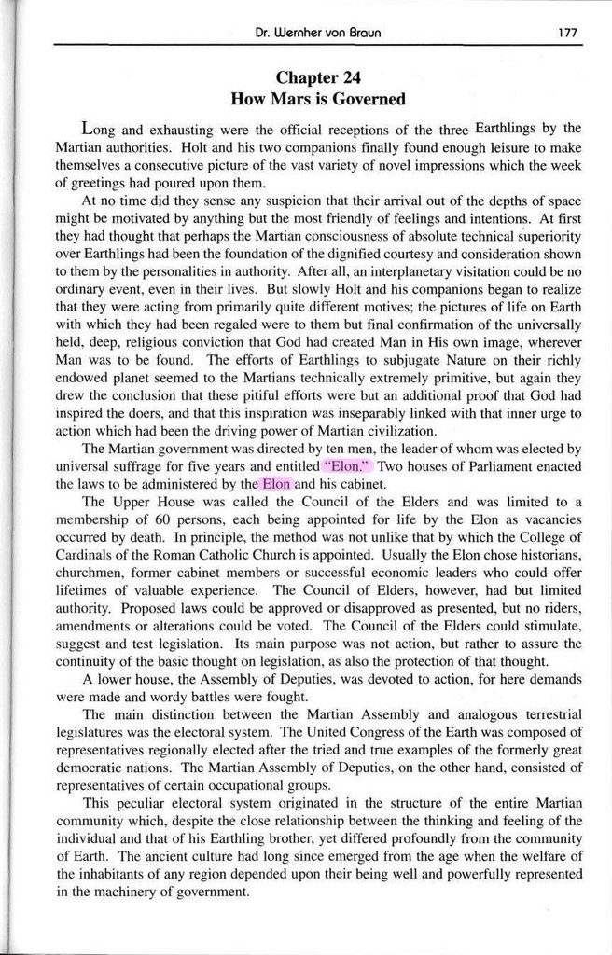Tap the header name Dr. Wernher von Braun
click(x=317, y=33)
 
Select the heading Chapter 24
click(x=317, y=77)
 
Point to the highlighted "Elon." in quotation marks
click(x=348, y=466)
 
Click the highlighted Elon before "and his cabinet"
click(x=276, y=484)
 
